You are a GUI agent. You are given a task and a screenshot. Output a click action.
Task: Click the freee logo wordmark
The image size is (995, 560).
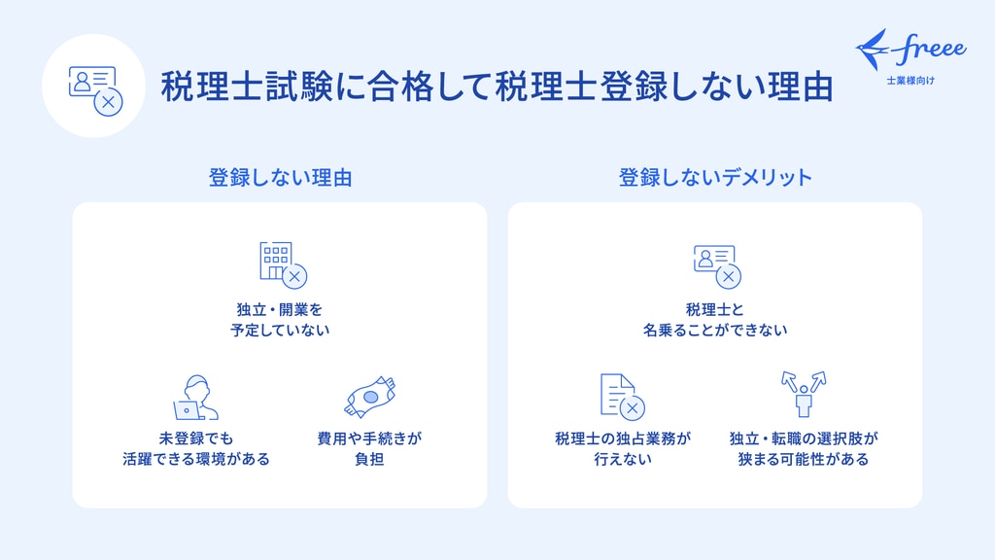click(x=932, y=49)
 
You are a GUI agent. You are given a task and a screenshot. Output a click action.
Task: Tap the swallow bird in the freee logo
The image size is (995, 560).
click(x=874, y=49)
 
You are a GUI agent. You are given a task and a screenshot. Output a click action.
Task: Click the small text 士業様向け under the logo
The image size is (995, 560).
click(x=910, y=81)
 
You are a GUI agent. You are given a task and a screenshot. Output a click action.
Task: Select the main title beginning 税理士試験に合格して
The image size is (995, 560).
click(x=497, y=87)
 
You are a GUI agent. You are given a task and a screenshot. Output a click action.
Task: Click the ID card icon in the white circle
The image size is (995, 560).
click(x=95, y=90)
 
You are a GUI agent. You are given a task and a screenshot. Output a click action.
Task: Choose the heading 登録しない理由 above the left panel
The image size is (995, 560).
click(x=281, y=177)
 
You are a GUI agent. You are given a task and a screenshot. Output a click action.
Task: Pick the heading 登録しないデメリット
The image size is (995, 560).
click(x=715, y=177)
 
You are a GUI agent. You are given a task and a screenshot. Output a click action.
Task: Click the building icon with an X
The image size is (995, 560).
click(x=283, y=264)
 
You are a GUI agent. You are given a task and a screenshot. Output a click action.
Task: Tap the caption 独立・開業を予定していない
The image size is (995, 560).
click(x=280, y=319)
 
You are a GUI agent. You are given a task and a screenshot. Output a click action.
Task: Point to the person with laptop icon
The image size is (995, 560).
click(x=195, y=398)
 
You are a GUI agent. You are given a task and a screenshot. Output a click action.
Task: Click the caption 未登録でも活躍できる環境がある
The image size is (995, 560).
click(x=196, y=448)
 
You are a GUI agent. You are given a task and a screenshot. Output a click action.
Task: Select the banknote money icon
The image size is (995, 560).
click(x=370, y=397)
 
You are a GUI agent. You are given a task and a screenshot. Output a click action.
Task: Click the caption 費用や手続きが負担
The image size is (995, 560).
click(x=369, y=448)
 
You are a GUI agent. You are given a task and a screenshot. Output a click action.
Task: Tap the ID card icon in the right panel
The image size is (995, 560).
click(x=717, y=266)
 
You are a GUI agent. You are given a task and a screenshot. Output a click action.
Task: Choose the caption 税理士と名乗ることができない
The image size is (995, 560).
click(x=715, y=319)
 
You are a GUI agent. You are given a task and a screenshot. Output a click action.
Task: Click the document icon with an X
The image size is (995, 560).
click(x=622, y=397)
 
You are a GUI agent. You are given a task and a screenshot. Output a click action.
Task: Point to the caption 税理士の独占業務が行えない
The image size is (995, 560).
click(x=623, y=448)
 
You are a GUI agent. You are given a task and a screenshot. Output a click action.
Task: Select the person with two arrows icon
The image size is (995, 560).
click(x=804, y=395)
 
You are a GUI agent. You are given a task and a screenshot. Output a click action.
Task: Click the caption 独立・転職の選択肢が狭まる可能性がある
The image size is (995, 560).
click(x=804, y=448)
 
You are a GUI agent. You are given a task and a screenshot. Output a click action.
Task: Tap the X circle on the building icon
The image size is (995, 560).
click(x=294, y=277)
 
